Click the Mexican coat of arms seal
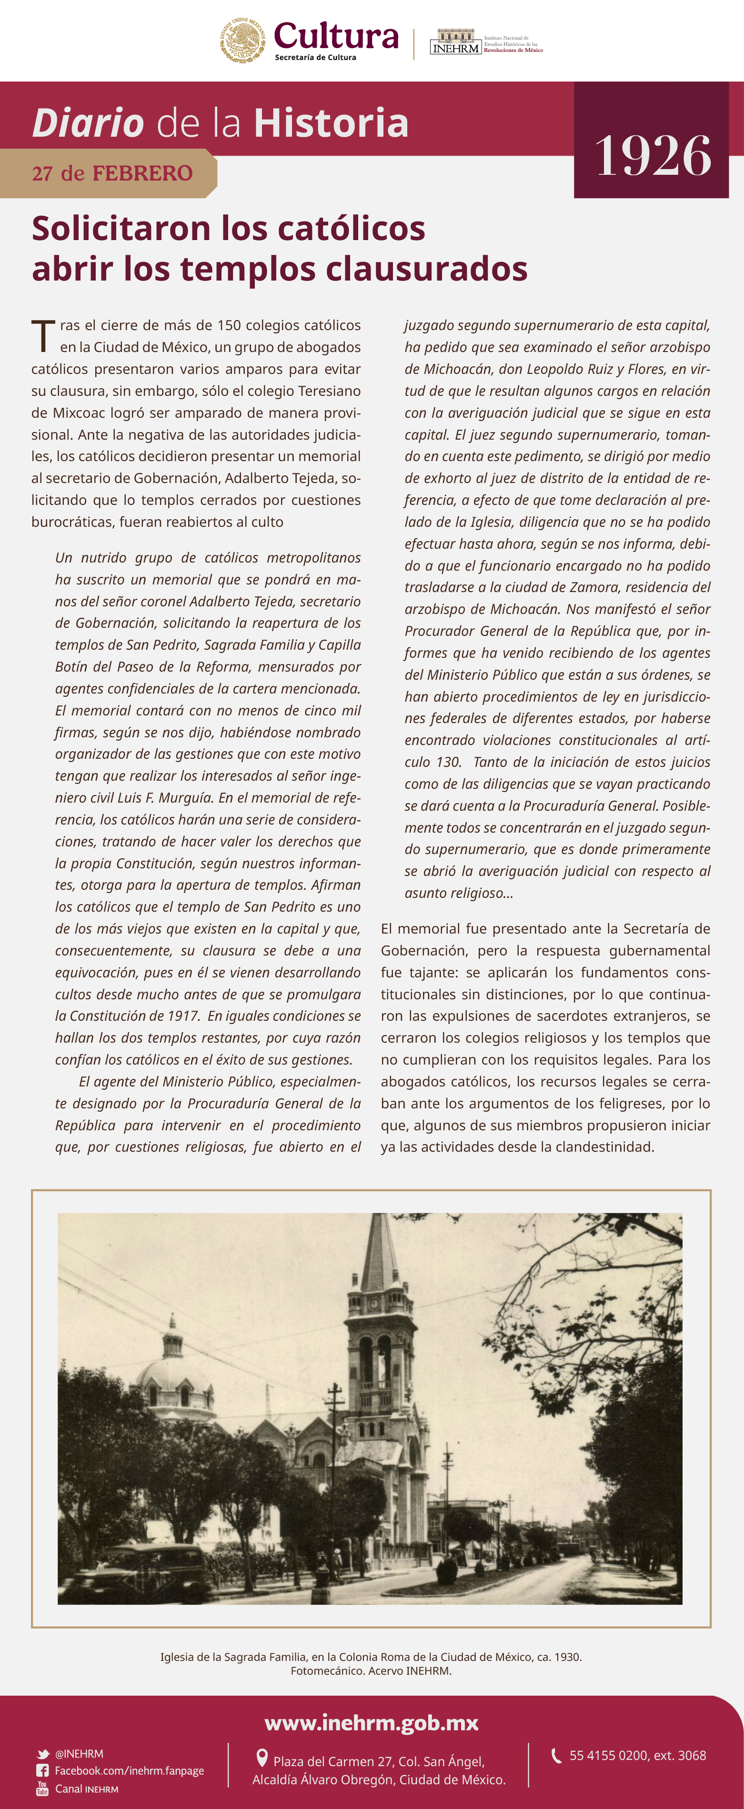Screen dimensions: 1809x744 point(242,41)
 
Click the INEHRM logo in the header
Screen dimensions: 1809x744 point(455,42)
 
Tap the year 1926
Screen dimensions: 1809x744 point(653,155)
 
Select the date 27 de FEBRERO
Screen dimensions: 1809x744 point(112,173)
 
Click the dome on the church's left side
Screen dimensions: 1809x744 point(173,1366)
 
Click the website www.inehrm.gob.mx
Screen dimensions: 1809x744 point(372,1723)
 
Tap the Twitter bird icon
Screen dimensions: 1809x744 point(43,1754)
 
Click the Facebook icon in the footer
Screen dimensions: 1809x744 point(43,1770)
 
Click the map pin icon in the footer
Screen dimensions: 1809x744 point(262,1758)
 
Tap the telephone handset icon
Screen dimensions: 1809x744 point(556,1756)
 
